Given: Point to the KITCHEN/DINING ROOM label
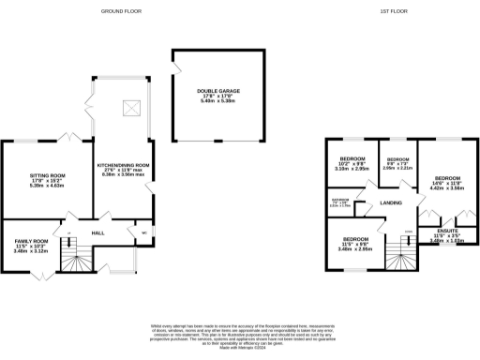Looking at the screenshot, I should pyautogui.click(x=124, y=165).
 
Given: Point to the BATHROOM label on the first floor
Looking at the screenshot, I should pyautogui.click(x=341, y=200).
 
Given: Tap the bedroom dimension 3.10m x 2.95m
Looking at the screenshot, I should pyautogui.click(x=353, y=169).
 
